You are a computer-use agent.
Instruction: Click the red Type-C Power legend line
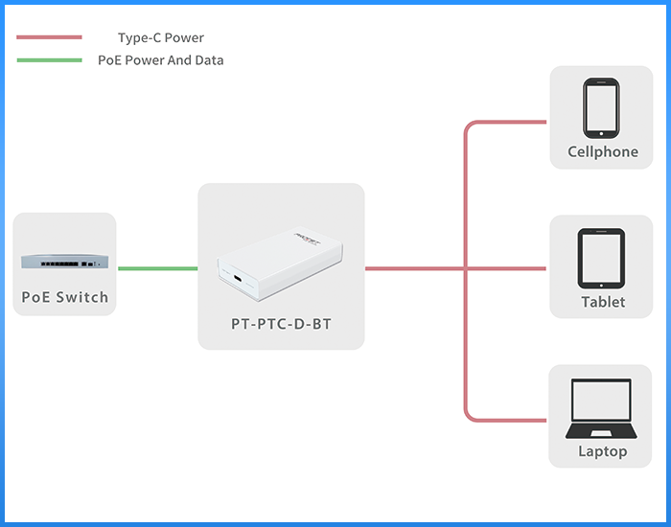[x=49, y=38]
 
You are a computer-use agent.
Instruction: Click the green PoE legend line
[x=49, y=60]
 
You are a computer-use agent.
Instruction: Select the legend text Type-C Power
[x=160, y=38]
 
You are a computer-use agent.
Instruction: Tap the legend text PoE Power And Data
[x=160, y=60]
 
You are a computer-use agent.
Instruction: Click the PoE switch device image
[x=64, y=261]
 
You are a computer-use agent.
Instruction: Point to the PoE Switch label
[x=65, y=297]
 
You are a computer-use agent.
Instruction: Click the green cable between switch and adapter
[x=157, y=268]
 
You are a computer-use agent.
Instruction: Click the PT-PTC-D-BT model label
[x=281, y=324]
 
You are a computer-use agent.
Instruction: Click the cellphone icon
[x=601, y=108]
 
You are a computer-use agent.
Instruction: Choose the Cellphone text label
[x=602, y=151]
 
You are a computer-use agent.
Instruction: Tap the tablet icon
[x=601, y=259]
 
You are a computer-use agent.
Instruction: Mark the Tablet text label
[x=602, y=302]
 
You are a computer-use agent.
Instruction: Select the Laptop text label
[x=602, y=451]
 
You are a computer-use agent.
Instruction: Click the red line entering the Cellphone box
[x=518, y=123]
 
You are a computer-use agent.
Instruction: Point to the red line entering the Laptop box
[x=518, y=419]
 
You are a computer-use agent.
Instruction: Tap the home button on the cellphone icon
[x=601, y=133]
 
